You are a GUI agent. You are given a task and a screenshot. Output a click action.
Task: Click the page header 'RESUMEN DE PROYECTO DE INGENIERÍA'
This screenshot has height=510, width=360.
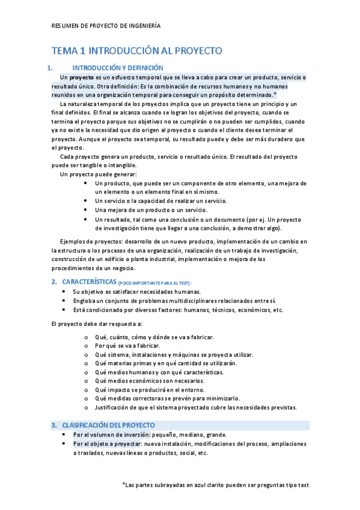coord(106,26)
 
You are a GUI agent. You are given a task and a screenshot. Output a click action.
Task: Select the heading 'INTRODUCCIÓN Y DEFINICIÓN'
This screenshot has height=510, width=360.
coord(117,68)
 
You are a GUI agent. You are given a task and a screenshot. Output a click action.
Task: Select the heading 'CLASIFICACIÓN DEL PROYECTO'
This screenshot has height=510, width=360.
coord(108,425)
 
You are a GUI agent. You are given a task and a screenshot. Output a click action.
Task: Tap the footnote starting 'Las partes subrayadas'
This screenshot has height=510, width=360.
coord(215,484)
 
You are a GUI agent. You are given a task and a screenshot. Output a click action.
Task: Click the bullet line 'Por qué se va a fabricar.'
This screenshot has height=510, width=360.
coord(127,346)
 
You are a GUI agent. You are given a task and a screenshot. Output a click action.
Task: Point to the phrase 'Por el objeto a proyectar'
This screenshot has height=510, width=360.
coord(107,444)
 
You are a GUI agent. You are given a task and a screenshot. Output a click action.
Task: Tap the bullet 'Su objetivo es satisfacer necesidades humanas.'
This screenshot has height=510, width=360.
coord(144,291)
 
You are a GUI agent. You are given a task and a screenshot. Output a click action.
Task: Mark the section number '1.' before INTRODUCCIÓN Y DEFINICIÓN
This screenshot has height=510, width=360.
coord(52,68)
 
